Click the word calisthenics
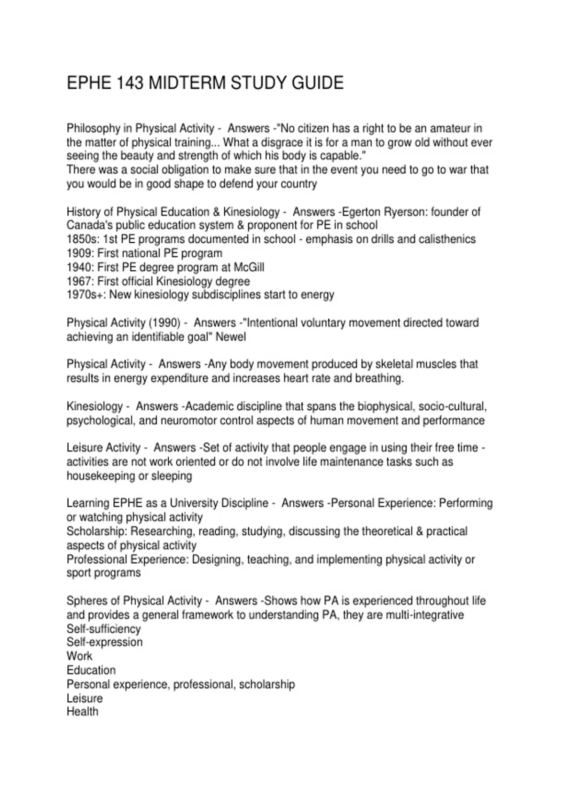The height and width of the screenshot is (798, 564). coord(445,239)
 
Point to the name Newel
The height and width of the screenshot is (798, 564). coord(231,337)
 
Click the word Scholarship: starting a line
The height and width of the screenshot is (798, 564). coord(97,531)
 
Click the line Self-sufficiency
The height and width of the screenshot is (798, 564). coord(103,629)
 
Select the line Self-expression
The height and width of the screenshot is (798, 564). coord(104,642)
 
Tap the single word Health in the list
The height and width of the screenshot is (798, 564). coord(83,712)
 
